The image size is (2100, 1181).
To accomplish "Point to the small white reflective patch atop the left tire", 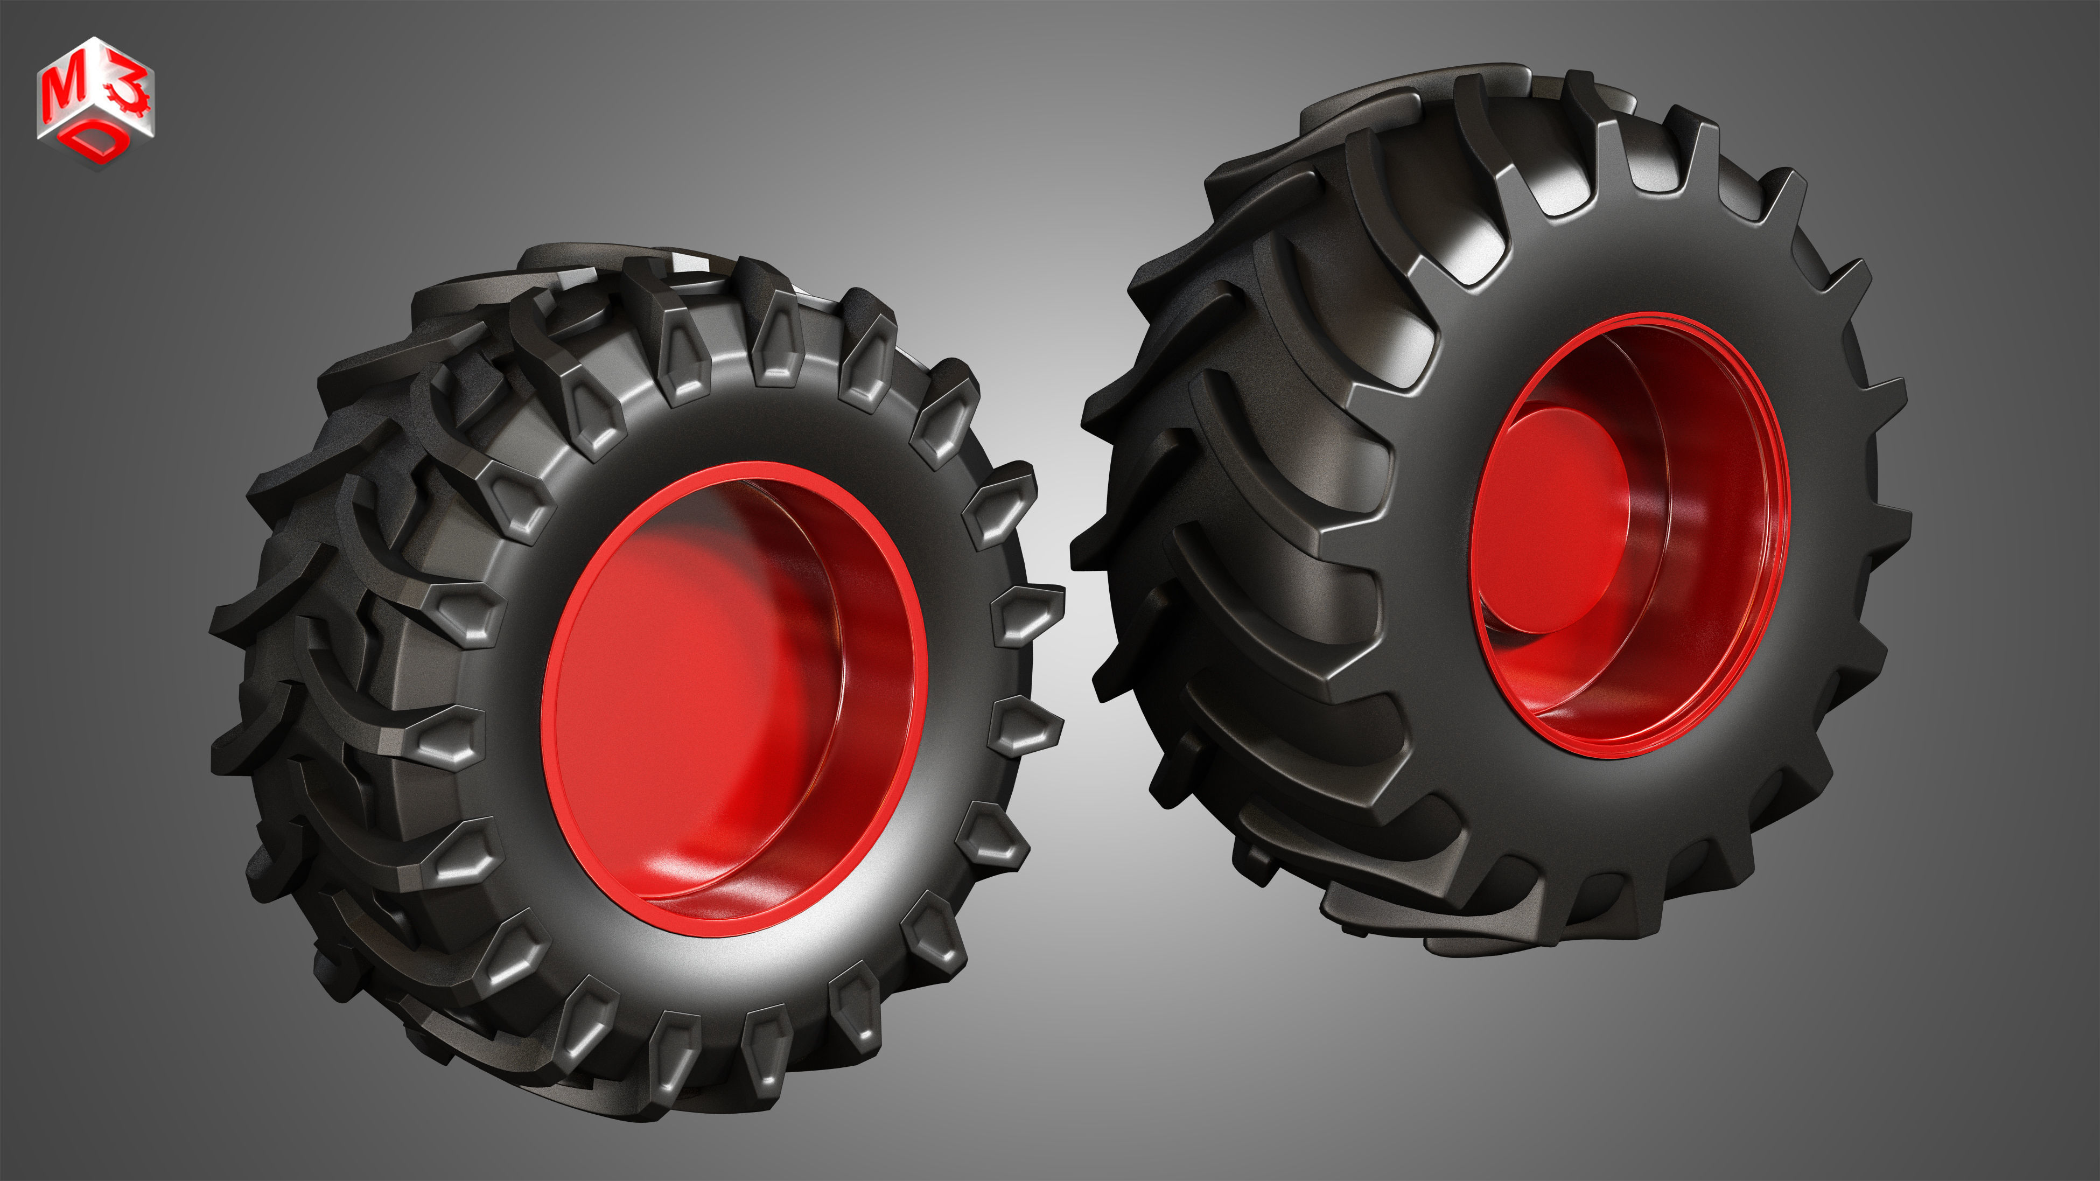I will pyautogui.click(x=689, y=263).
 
